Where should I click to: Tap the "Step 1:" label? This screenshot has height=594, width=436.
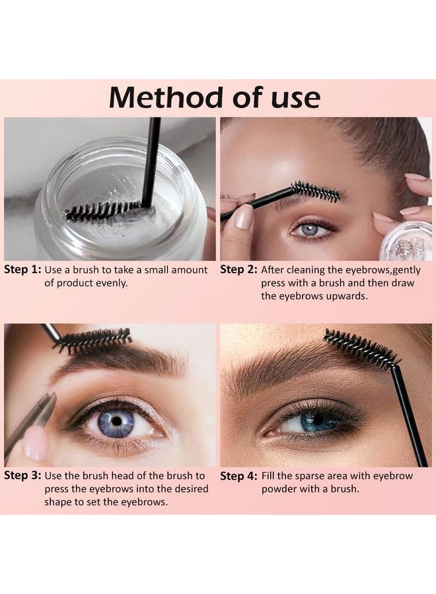click(22, 270)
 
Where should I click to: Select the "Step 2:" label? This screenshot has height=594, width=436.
click(238, 270)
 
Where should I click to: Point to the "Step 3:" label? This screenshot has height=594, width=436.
click(22, 476)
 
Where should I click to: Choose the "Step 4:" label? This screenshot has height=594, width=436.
click(238, 476)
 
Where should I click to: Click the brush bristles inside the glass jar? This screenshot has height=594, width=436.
click(102, 211)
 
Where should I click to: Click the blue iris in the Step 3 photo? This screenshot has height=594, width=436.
click(116, 420)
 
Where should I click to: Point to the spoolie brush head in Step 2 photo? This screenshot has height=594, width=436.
click(316, 191)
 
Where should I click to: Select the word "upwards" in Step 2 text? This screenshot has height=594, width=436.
click(334, 296)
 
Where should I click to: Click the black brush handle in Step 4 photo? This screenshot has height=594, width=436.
click(410, 416)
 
